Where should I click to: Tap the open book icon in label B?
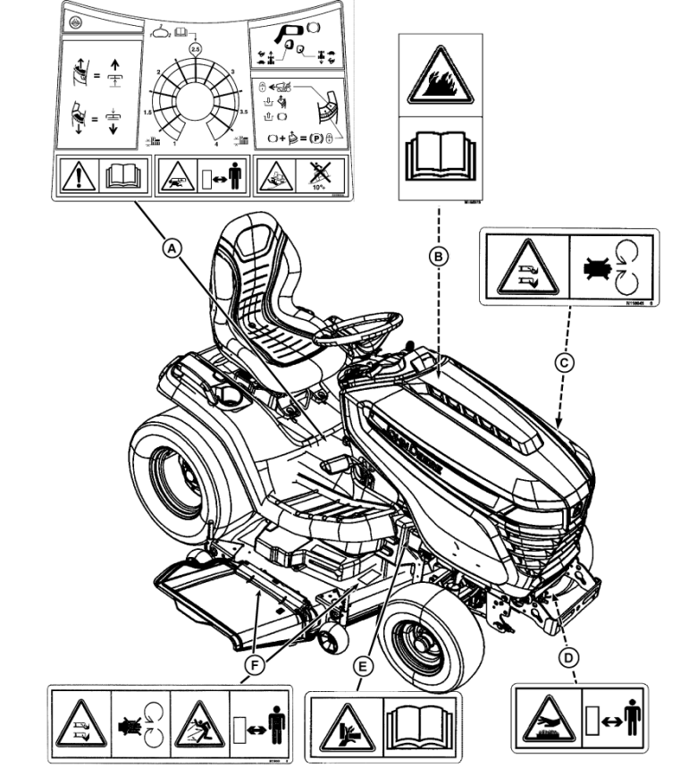(438, 156)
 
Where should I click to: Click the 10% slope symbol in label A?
(317, 178)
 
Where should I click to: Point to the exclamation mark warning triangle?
(78, 177)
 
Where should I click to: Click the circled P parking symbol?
(317, 139)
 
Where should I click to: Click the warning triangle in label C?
(524, 267)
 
